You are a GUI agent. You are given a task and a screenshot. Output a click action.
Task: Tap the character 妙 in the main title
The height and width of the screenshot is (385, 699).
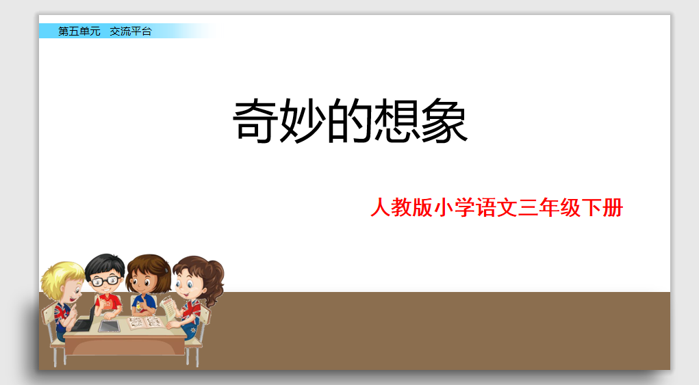coord(302,120)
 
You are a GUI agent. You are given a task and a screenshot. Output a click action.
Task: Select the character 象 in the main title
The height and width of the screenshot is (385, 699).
coord(444,120)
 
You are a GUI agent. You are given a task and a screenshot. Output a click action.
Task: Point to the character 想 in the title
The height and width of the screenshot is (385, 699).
coord(396,120)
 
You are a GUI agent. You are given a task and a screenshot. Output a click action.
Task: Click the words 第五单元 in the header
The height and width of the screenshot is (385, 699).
coord(79,31)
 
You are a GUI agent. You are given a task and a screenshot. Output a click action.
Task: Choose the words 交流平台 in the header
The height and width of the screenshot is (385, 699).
coord(131,31)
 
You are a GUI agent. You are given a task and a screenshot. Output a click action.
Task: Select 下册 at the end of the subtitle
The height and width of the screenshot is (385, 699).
coord(602,207)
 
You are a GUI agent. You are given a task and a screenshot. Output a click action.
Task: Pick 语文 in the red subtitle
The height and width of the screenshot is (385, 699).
coord(496,207)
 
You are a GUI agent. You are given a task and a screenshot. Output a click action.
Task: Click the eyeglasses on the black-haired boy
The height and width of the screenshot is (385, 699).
coord(105,281)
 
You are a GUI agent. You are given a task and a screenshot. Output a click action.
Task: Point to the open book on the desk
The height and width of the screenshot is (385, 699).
coord(145,323)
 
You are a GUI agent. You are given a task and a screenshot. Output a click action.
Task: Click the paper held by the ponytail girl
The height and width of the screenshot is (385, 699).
coord(168,307)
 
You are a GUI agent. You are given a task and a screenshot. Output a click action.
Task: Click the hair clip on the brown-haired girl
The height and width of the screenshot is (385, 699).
coord(166,269)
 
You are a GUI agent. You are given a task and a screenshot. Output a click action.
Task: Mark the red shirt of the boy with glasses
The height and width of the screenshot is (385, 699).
coord(107,304)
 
